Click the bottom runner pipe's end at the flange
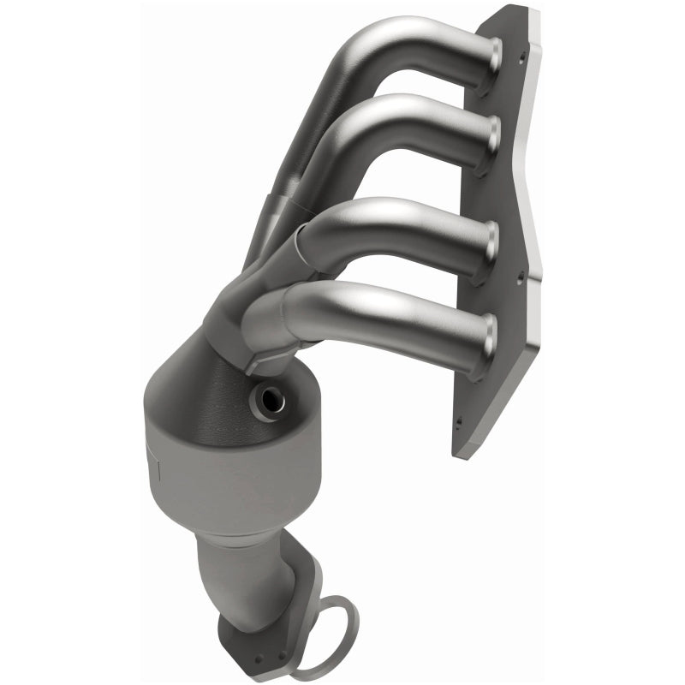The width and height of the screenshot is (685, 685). (x=490, y=330)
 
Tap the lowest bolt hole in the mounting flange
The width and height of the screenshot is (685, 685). (x=458, y=421)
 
